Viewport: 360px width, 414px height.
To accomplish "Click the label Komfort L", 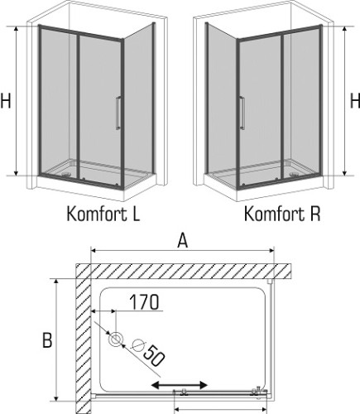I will point(103,214).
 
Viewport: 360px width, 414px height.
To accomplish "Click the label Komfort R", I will point(282,214).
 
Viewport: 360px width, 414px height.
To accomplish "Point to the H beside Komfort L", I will point(7,102).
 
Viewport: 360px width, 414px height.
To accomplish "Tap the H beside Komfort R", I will point(353,102).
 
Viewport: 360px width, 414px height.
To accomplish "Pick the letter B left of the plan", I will point(47,339).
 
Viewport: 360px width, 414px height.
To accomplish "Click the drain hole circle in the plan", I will point(114,339).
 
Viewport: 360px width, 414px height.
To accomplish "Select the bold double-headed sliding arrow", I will point(179,386).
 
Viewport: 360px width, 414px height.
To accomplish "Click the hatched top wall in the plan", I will point(182,272).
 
